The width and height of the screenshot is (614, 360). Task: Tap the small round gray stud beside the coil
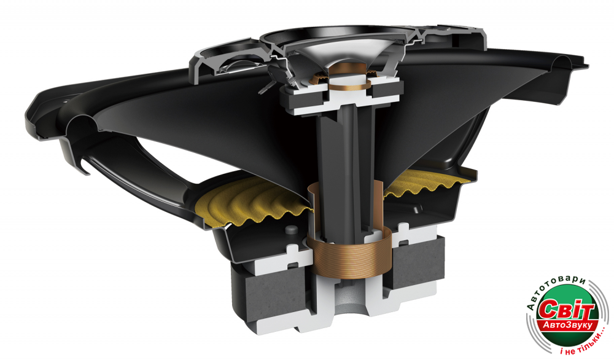coord(290,230)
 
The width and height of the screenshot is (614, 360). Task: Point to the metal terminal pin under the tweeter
coord(265,88)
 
